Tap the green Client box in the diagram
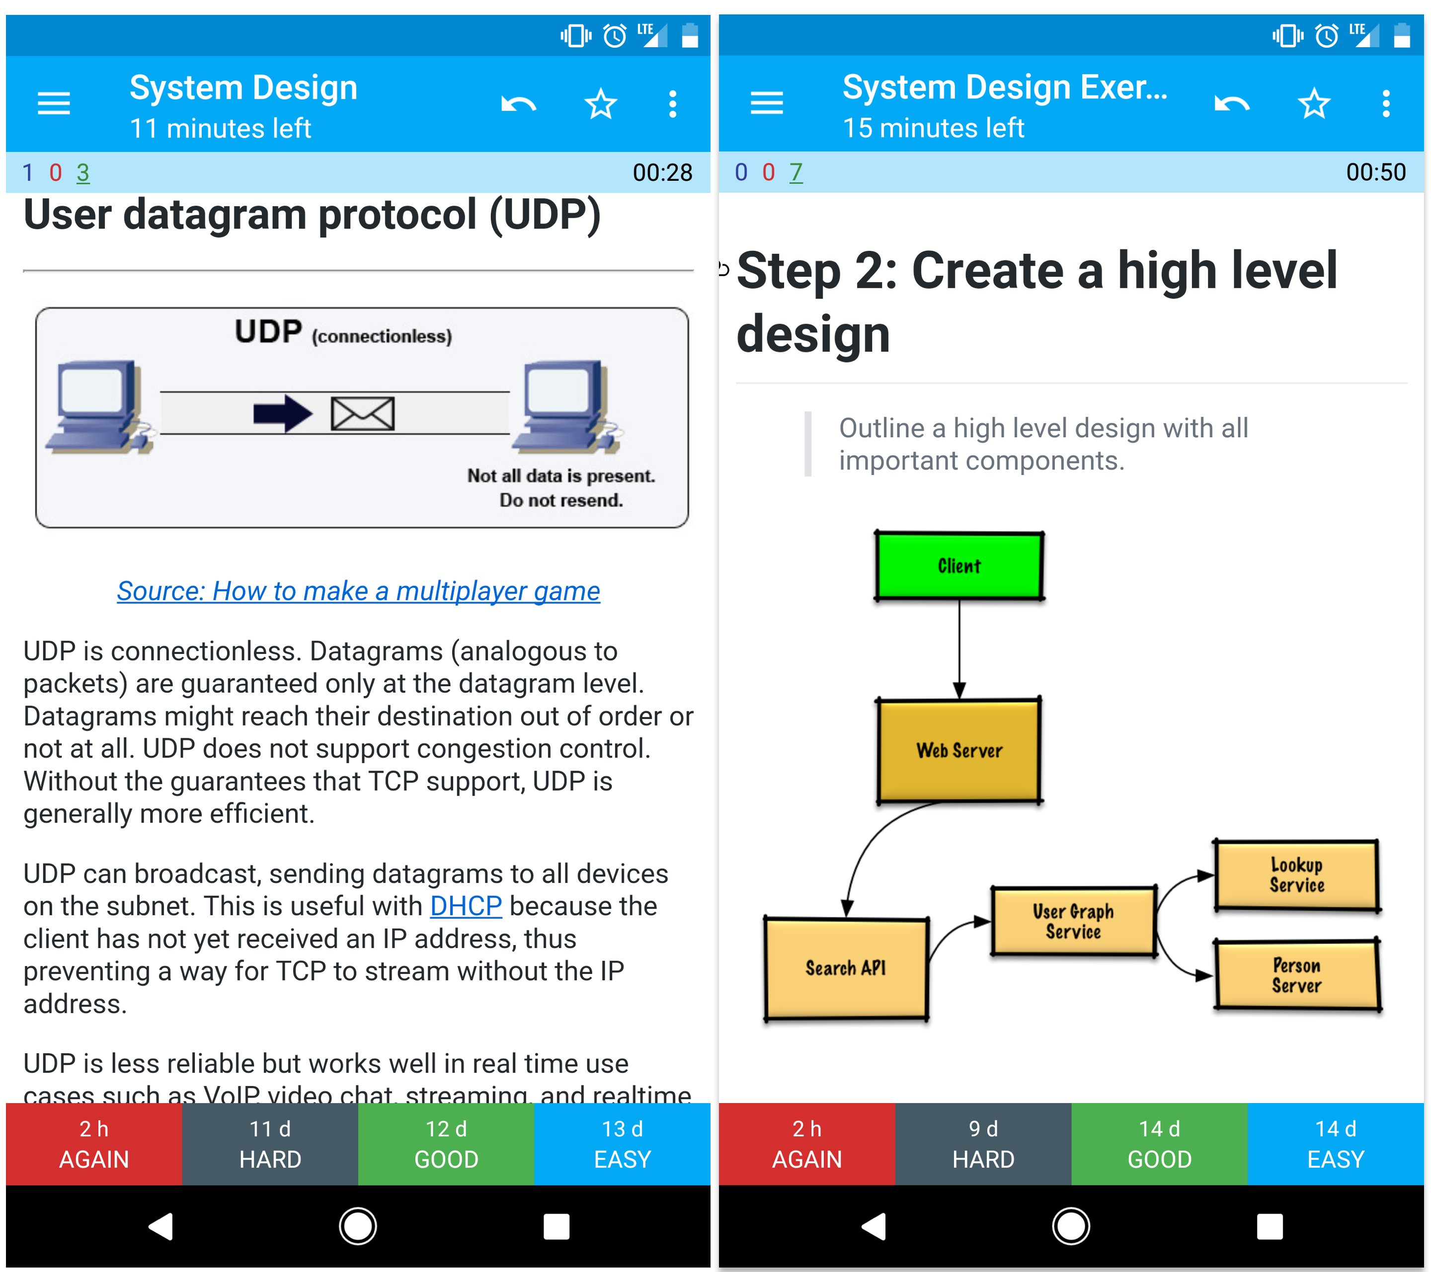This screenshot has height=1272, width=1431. tap(958, 565)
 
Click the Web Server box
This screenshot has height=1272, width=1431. tap(958, 750)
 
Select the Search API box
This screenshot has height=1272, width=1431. tap(846, 968)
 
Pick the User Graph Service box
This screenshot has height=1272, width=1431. tap(1073, 921)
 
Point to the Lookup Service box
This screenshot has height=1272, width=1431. tap(1296, 875)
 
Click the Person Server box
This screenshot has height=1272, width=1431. tap(1296, 975)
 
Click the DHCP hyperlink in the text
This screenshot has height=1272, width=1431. tap(466, 906)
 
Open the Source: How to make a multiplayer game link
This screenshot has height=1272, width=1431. tap(358, 591)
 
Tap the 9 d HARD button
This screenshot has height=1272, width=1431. tap(982, 1143)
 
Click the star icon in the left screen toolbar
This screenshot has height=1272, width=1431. tap(600, 104)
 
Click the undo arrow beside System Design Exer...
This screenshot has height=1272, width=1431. tap(1231, 104)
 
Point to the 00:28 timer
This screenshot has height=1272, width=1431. tap(662, 172)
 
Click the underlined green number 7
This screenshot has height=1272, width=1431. tap(795, 172)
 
